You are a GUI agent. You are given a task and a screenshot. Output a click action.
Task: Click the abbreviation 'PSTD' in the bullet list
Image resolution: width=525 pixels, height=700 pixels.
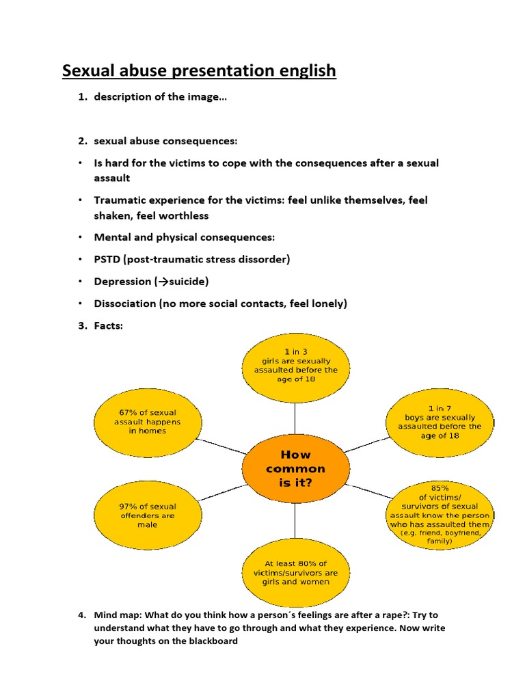(109, 259)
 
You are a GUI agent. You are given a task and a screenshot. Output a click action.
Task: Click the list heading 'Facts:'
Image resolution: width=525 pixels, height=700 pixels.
(109, 325)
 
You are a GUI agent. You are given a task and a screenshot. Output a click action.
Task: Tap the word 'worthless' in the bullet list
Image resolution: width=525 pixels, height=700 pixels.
(185, 215)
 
